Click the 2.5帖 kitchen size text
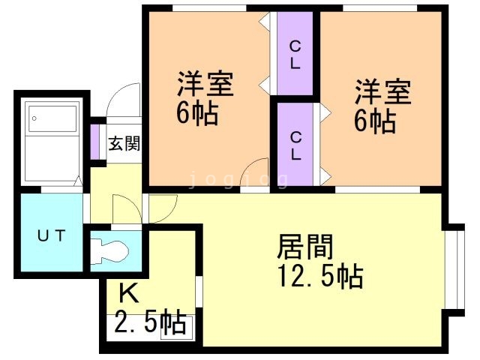(x=150, y=323)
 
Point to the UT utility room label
(x=52, y=235)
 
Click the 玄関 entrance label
(x=124, y=143)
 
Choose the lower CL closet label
(x=295, y=145)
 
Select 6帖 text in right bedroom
(x=375, y=121)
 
